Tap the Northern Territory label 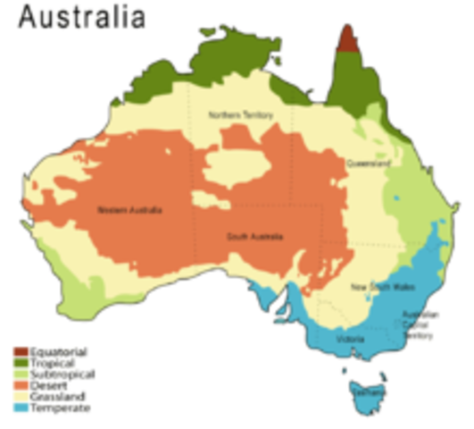pyautogui.click(x=241, y=115)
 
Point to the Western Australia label pyautogui.click(x=130, y=211)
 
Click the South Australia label pyautogui.click(x=254, y=237)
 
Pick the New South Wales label pyautogui.click(x=374, y=287)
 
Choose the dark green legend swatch pyautogui.click(x=22, y=362)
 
